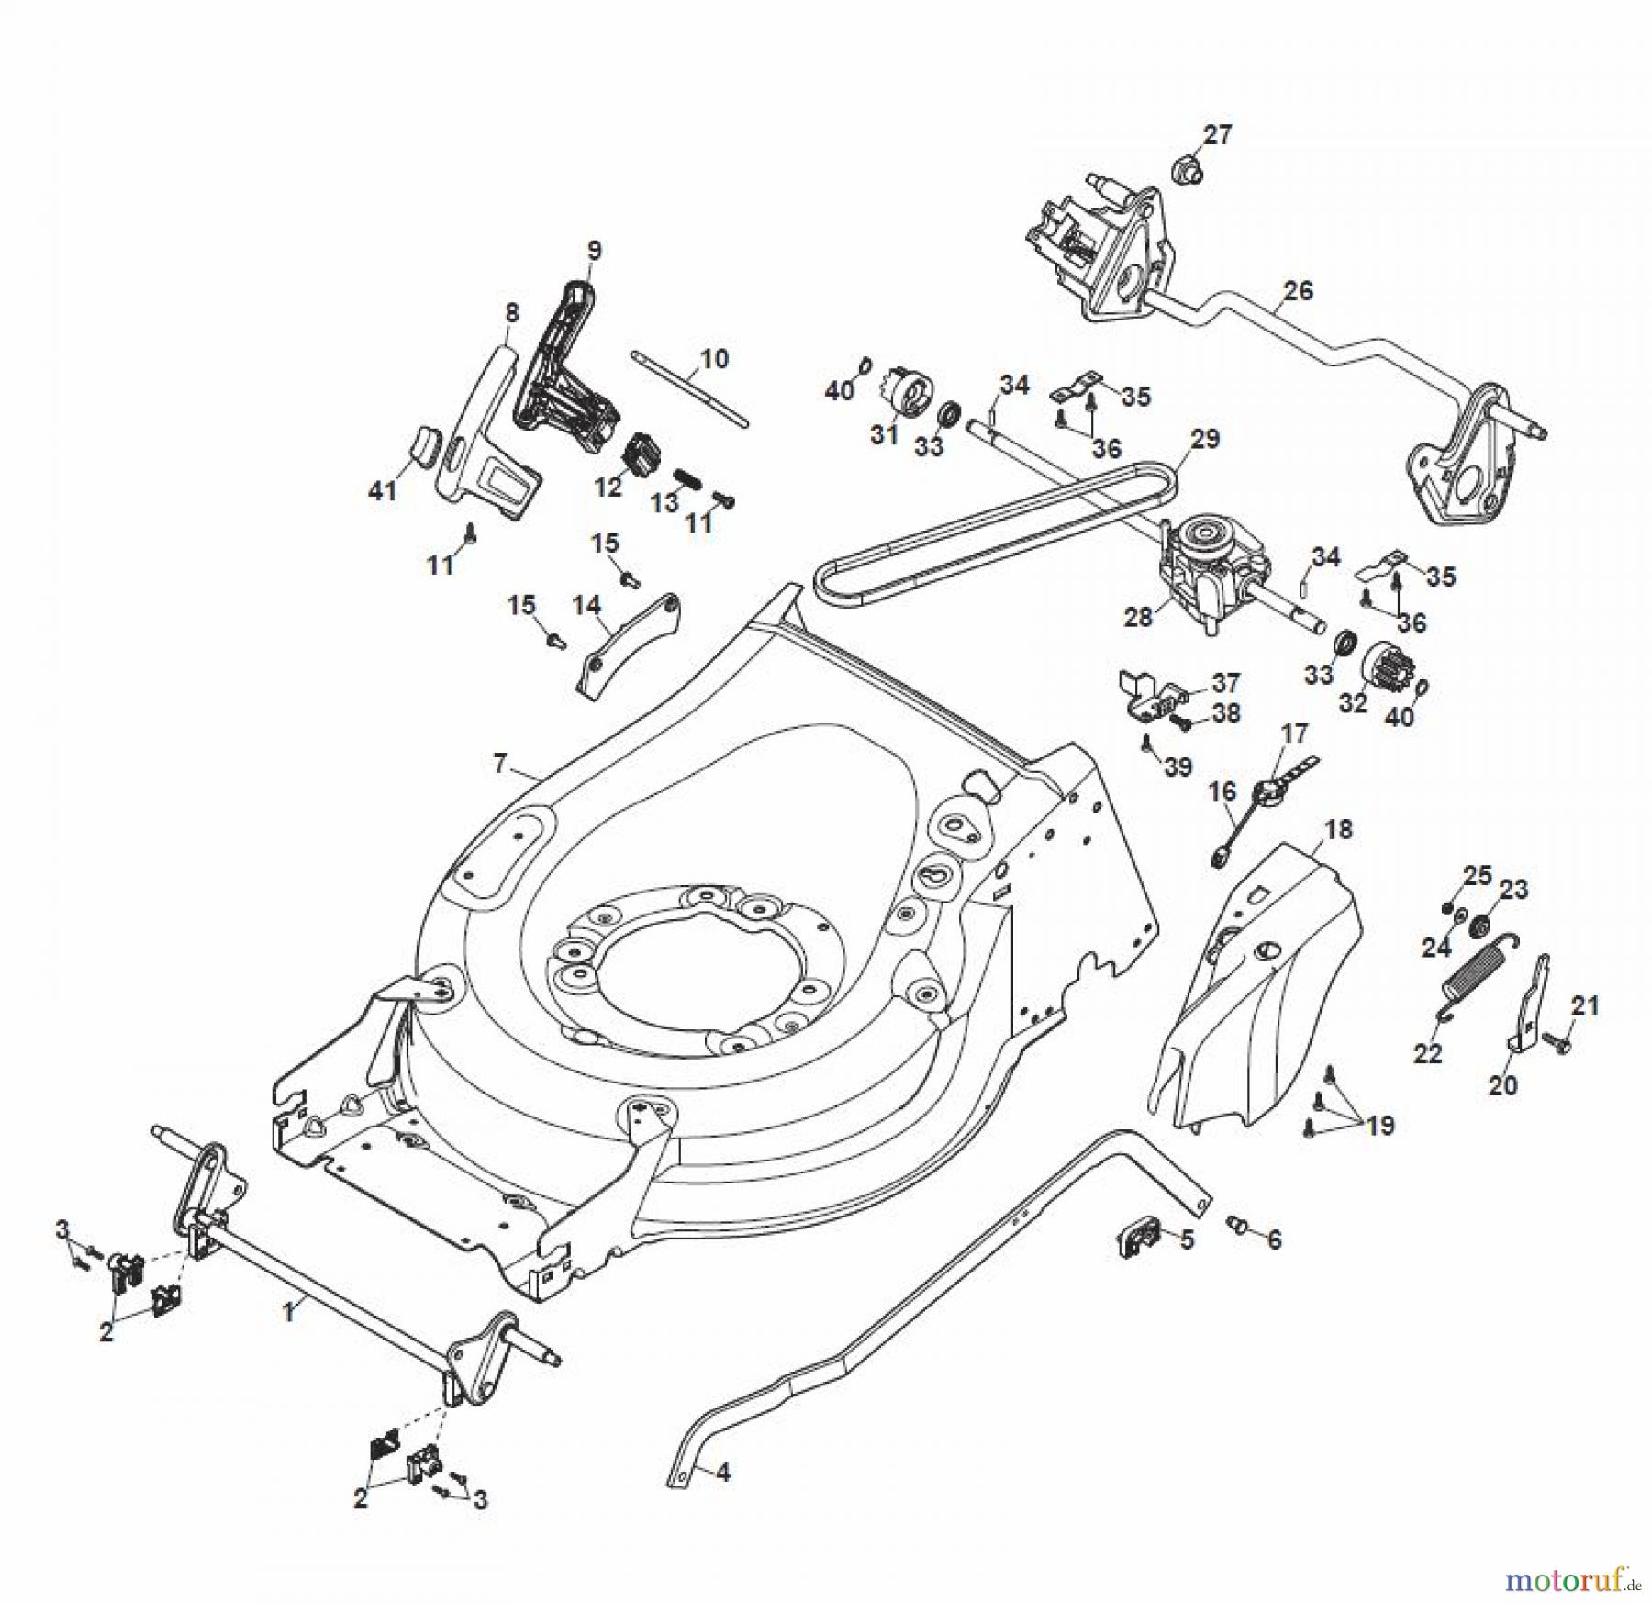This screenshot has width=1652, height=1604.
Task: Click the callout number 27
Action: click(x=1217, y=135)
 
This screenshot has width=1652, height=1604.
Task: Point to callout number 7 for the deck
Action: click(x=499, y=763)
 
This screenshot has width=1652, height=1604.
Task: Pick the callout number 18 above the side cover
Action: click(x=1339, y=829)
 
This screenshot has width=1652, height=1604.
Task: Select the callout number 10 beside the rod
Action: click(x=714, y=358)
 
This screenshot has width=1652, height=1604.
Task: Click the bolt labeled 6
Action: click(x=1235, y=1224)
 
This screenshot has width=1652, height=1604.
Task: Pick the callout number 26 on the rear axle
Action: click(x=1298, y=291)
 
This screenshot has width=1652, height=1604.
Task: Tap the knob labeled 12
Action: click(x=640, y=453)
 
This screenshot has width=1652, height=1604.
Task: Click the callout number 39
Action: click(x=1178, y=766)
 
